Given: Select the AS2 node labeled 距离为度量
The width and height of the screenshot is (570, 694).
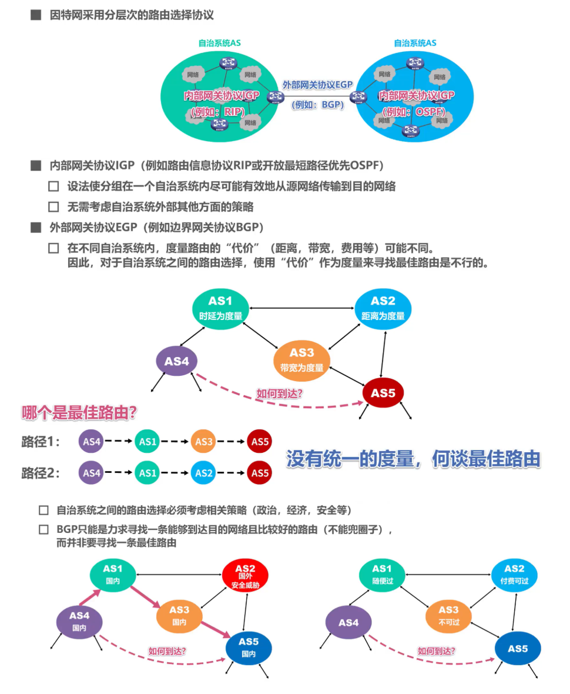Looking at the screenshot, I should [383, 308].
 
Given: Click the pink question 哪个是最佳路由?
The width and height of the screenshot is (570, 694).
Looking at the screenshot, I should [79, 413].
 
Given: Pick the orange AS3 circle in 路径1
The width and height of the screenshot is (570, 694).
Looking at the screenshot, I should [203, 441].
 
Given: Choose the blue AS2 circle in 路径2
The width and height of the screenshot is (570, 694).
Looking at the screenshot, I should [203, 472].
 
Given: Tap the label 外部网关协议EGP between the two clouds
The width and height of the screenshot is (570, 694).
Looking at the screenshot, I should [317, 85].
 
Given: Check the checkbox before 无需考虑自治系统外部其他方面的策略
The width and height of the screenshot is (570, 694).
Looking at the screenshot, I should [53, 206].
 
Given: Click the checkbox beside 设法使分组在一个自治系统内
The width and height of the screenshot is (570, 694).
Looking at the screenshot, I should [53, 186].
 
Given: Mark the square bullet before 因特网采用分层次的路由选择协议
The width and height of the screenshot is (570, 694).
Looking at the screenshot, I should [35, 15].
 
